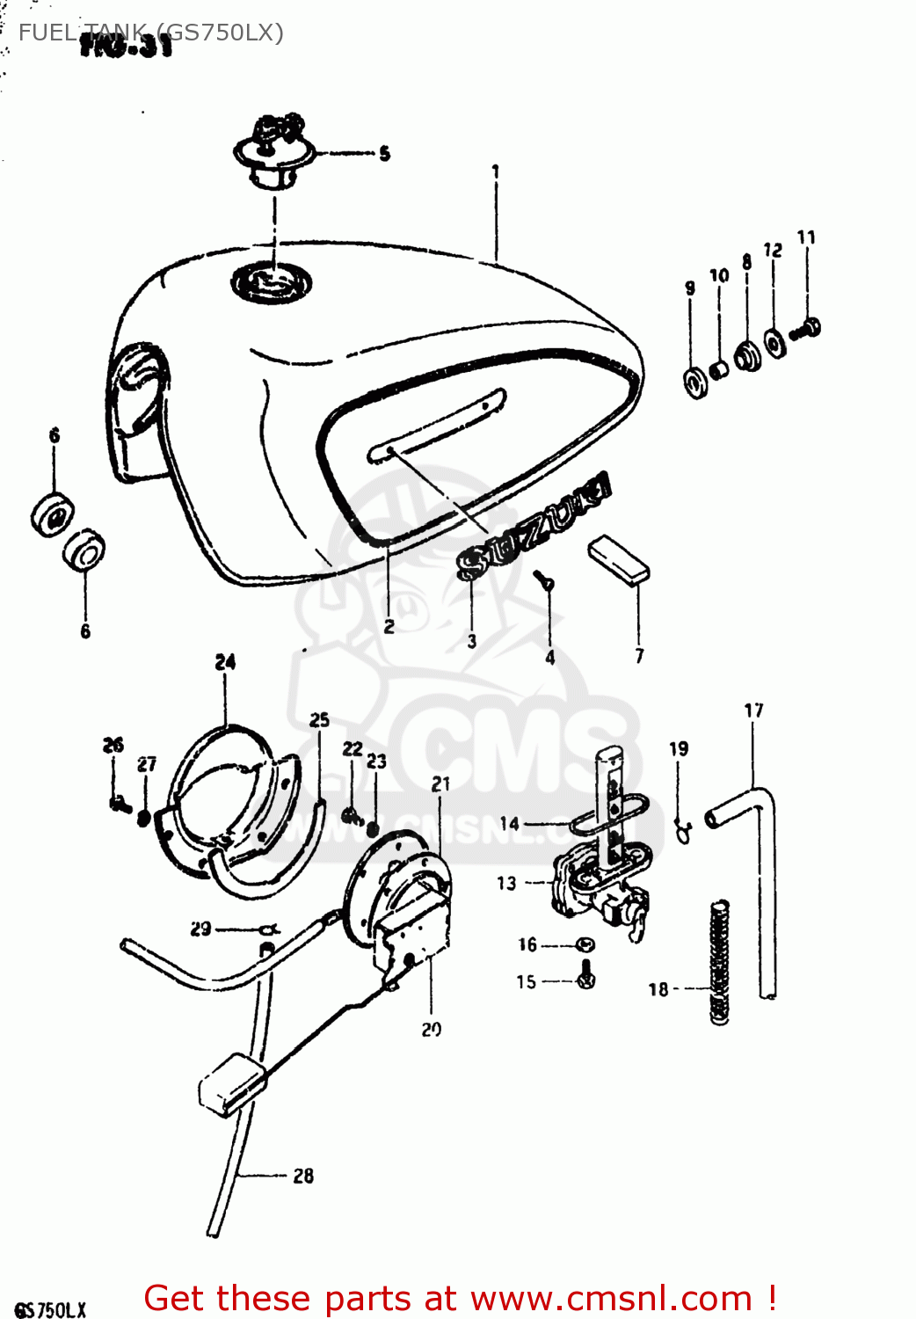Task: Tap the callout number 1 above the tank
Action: [x=496, y=171]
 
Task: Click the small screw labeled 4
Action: [x=543, y=579]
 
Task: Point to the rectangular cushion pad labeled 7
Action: [x=619, y=559]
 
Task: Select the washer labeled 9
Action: [x=694, y=382]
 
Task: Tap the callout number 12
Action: [x=773, y=251]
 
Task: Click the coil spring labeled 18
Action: [x=720, y=962]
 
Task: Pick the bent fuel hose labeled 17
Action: [x=756, y=844]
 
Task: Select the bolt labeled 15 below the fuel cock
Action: [x=586, y=976]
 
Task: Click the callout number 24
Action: [x=225, y=662]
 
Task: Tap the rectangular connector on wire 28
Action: [x=231, y=1083]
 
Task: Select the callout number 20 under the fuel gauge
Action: [x=431, y=1030]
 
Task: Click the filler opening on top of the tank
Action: [x=271, y=283]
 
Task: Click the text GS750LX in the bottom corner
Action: [x=50, y=1309]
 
